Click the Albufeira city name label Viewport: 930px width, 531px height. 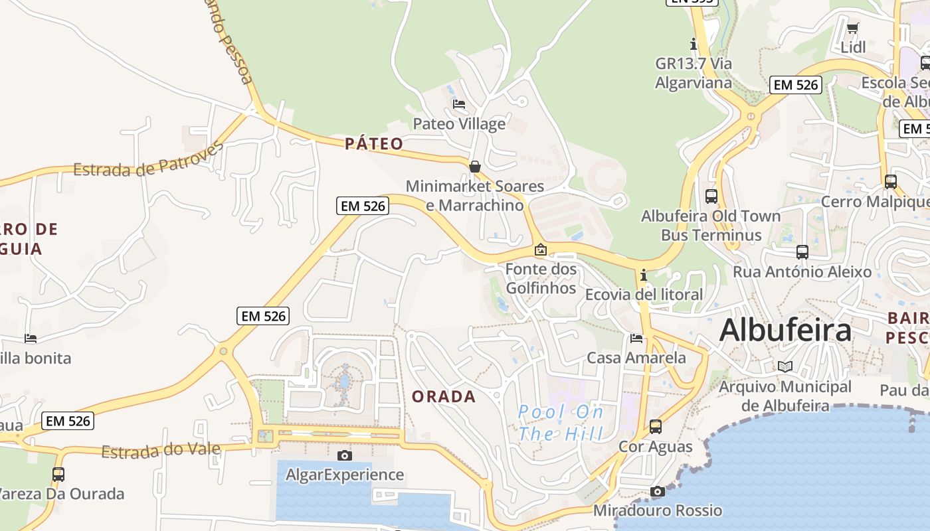tap(785, 330)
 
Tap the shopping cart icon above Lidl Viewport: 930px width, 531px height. tap(853, 28)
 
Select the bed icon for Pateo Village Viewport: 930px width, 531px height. tap(459, 104)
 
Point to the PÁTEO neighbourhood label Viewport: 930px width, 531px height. tap(374, 143)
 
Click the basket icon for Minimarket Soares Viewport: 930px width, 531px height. tap(475, 167)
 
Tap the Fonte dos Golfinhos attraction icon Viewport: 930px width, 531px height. tap(541, 250)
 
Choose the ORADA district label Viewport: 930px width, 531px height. tap(444, 396)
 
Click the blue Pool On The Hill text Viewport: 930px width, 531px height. tap(561, 423)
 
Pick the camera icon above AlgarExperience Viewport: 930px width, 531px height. tap(344, 455)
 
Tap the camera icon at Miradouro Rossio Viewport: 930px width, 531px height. tap(658, 491)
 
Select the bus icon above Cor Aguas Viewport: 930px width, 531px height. tap(656, 427)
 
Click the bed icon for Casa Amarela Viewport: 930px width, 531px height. tap(636, 339)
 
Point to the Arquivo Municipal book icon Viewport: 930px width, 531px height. tap(785, 366)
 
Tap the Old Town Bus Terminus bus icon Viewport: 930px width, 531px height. tap(711, 196)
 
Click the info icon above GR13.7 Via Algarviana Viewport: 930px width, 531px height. tap(694, 44)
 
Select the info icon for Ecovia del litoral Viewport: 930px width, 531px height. tap(643, 275)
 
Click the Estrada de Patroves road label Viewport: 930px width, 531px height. tap(148, 160)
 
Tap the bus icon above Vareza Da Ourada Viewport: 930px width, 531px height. tap(58, 475)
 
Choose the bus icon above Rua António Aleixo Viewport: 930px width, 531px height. tap(802, 252)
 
